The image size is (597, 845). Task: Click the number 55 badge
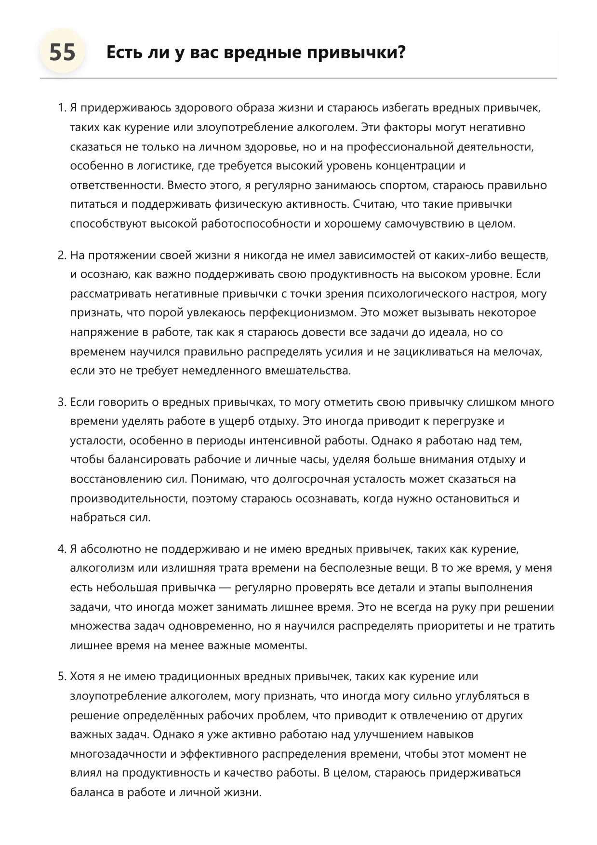pos(62,52)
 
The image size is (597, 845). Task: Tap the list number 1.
pos(61,108)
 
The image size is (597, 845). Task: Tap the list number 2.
pos(61,255)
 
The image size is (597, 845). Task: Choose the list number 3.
pos(61,402)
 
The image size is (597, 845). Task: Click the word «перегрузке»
pos(462,421)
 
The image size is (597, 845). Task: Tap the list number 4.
pos(61,549)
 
